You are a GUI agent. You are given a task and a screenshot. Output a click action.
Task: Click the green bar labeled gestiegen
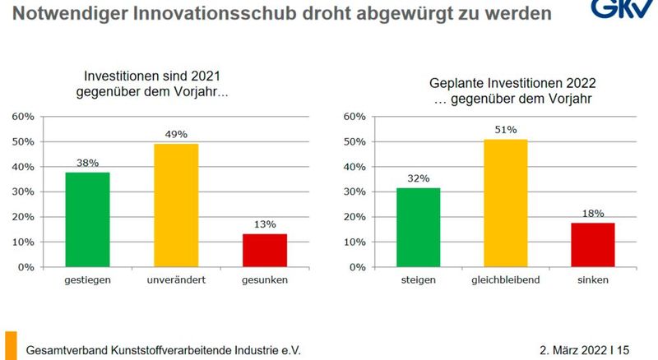point(88,219)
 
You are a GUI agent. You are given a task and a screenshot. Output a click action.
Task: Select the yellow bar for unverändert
point(177,205)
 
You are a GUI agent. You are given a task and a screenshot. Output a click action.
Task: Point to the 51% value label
point(505,130)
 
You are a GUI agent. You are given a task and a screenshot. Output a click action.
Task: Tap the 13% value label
point(265,224)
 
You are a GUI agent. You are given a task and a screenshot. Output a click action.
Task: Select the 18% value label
point(592,213)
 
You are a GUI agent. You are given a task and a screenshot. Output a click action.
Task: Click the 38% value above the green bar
point(88,162)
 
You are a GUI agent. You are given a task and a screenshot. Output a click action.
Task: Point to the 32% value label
point(418,178)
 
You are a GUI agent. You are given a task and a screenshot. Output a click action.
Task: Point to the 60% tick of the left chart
point(23,116)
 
